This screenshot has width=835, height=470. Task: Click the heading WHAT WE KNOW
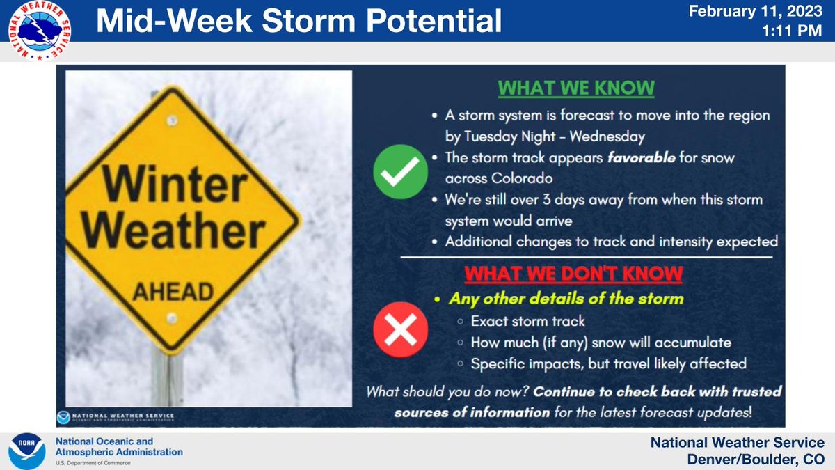click(x=575, y=88)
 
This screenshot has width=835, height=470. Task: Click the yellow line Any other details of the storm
click(x=566, y=299)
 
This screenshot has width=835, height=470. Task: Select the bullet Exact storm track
click(x=527, y=322)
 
